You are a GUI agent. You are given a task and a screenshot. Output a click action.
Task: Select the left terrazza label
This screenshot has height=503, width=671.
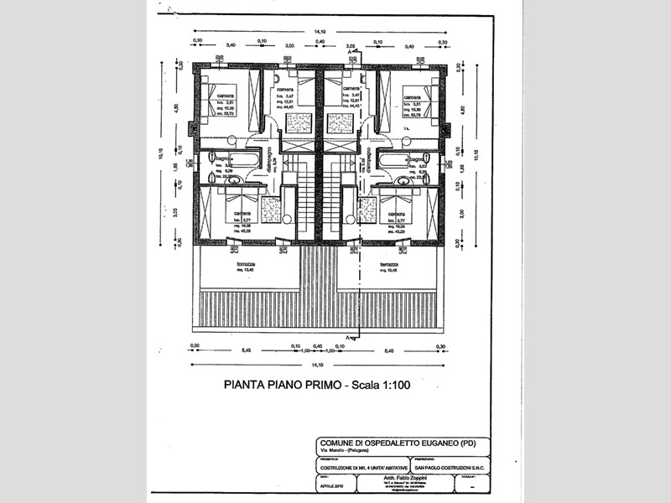coord(246,264)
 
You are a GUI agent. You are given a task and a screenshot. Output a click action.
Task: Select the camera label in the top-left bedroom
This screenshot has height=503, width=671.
coord(226,96)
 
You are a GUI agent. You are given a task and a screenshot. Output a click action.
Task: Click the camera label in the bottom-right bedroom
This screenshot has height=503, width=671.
coord(392,213)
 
